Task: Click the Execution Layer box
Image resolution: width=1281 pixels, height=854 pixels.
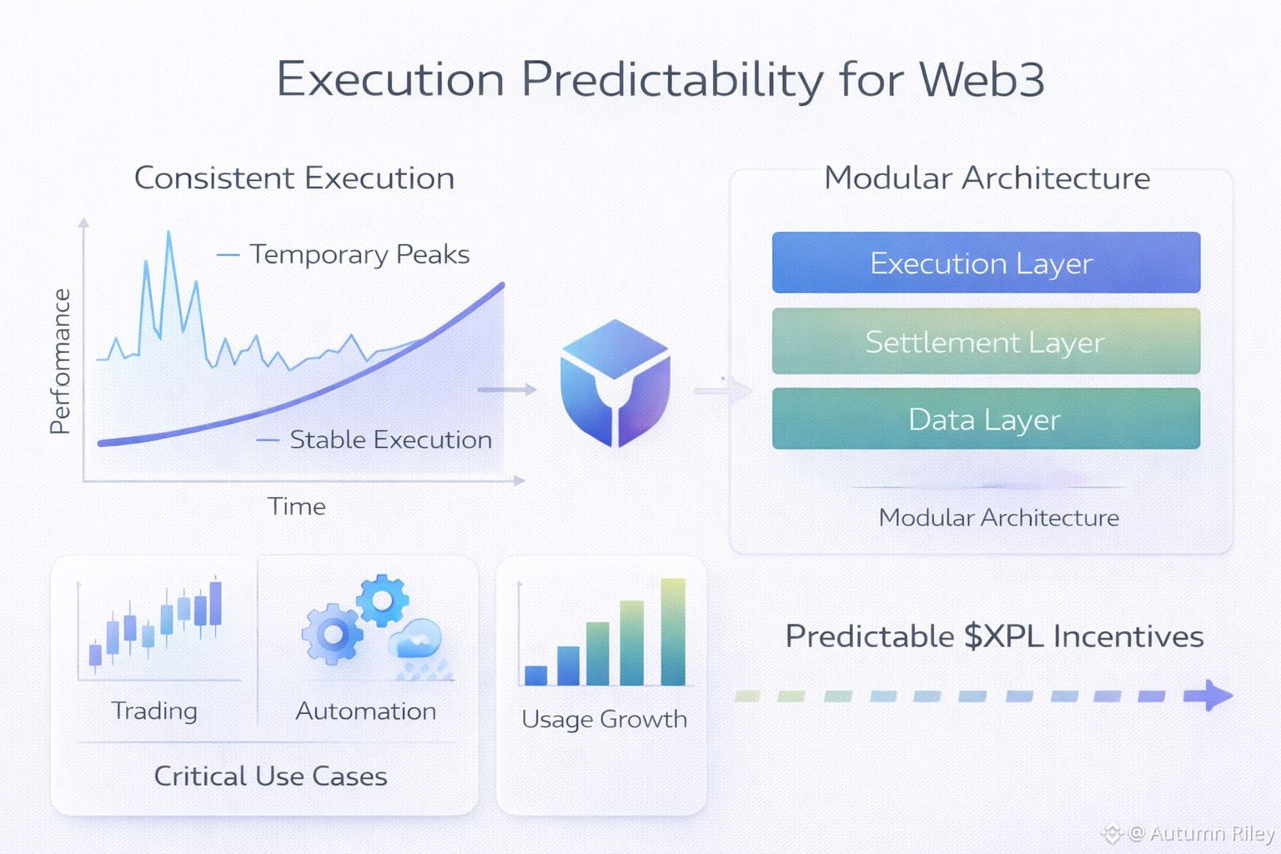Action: point(986,263)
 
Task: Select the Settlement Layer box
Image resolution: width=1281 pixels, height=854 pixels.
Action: point(986,341)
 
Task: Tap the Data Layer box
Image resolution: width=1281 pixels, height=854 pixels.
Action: point(986,419)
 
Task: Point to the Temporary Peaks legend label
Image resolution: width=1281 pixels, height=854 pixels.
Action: point(359,254)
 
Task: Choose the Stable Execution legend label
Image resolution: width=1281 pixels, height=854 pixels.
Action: point(390,440)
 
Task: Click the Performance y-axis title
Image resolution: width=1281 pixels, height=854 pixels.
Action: point(60,361)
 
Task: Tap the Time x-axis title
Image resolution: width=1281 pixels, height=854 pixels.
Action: point(296,506)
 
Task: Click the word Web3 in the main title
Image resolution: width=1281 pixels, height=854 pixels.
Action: point(982,79)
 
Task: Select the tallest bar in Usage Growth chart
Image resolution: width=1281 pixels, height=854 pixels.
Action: point(673,631)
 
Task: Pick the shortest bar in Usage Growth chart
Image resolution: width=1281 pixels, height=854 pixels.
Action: point(536,676)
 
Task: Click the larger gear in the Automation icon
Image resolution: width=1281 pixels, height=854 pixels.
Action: point(332,634)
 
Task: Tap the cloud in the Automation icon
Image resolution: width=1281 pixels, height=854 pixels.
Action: point(416,638)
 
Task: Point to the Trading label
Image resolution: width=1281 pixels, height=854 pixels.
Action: point(154,711)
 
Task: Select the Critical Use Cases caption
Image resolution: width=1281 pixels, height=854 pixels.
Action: point(270,776)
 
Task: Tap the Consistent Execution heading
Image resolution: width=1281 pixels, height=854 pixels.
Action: point(294,178)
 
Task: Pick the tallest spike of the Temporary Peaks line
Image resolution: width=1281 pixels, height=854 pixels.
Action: point(168,232)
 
